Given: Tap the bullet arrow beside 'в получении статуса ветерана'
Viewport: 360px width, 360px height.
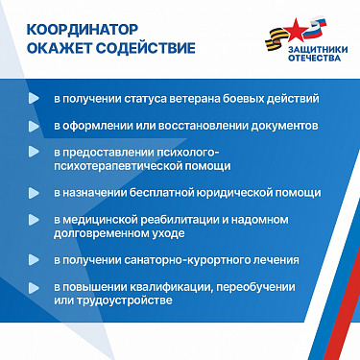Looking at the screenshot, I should tap(35, 99).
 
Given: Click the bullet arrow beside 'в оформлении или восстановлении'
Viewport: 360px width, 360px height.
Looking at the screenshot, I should tap(35, 126).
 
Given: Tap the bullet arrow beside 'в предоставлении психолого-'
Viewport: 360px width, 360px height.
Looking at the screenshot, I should tap(35, 153).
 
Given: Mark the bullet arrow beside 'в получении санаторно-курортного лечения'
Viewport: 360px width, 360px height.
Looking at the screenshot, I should tap(35, 259).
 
